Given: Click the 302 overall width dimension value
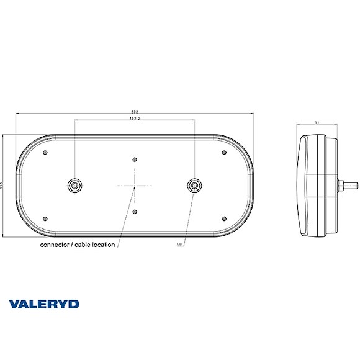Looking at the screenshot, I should [134, 112].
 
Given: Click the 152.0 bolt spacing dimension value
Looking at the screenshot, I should [134, 118].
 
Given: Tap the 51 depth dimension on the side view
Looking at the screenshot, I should [318, 124].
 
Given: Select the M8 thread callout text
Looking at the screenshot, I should [179, 245].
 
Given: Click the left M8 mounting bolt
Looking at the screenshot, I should [74, 185].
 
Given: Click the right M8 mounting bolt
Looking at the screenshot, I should [194, 185].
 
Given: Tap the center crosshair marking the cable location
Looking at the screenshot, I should [135, 185].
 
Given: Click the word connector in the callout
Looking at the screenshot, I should [55, 245].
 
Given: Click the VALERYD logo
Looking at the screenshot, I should [44, 304].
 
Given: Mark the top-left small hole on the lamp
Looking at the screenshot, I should [46, 152].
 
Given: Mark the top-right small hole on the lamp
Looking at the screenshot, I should [223, 152].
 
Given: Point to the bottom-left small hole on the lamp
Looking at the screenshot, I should [46, 217].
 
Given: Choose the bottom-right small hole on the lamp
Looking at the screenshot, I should [223, 217].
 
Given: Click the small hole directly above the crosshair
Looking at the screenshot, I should [135, 159].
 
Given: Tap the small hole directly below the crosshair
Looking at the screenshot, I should [135, 212].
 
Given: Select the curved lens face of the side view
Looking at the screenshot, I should [302, 185].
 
